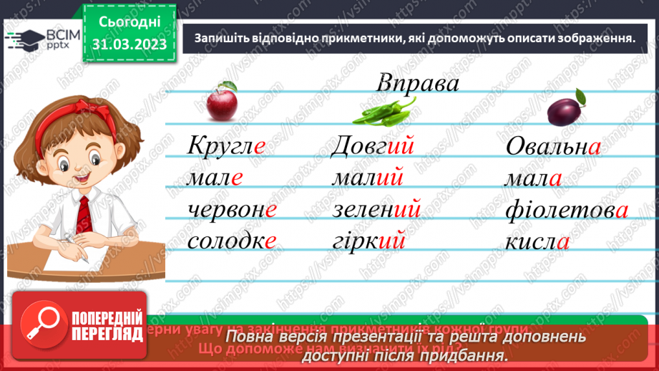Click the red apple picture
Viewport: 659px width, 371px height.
coord(222,103)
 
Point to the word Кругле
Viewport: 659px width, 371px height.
coord(226,147)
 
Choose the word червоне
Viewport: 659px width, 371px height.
coord(231,209)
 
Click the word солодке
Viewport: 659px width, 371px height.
coord(231,241)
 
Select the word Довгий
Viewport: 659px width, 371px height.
coord(374,147)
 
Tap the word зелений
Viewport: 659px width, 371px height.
coord(376,209)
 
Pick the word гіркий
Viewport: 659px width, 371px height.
coord(369,241)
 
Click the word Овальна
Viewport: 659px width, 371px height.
coord(552,147)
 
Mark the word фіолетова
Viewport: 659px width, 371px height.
coord(566,210)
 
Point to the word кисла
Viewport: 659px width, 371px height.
coord(537,241)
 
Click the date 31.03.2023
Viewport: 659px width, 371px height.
coord(130,44)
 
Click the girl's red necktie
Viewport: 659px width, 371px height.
coord(84,214)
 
